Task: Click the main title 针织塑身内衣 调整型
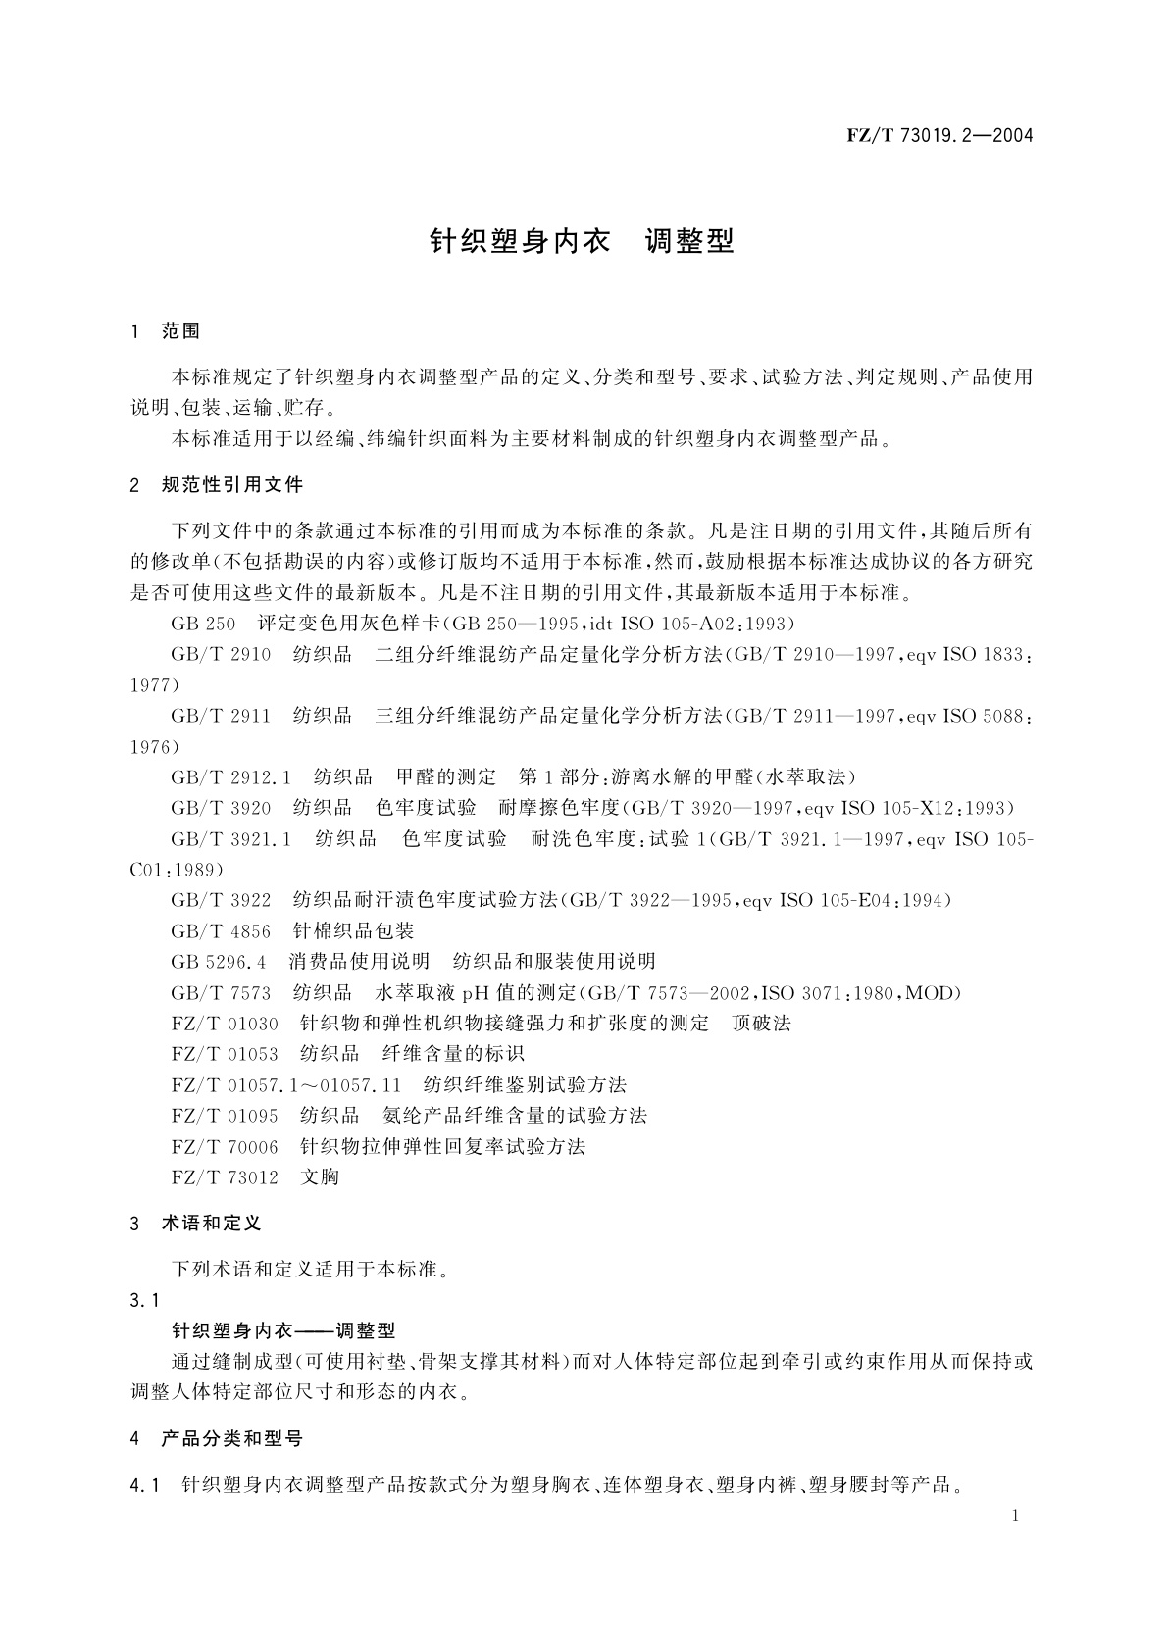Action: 583,242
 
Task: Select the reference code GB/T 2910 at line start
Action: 221,655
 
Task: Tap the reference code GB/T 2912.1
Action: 231,777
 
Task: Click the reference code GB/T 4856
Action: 221,930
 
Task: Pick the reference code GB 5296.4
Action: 219,962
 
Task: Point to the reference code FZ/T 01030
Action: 225,1024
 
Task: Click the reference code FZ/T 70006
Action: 225,1146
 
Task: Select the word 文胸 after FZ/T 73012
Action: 320,1176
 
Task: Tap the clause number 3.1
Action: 144,1300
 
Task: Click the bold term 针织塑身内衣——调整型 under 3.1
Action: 283,1330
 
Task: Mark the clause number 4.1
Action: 144,1485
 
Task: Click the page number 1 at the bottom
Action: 1015,1516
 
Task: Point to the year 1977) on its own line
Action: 155,685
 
